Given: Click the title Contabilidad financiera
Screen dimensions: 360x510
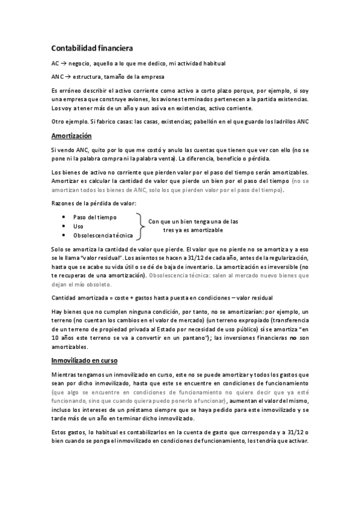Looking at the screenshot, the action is [92, 48].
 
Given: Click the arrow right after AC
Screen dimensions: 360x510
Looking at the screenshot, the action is [64, 63].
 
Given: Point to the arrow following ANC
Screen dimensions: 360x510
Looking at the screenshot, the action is [68, 77].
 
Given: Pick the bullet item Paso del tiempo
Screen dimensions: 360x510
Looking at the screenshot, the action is [95, 217].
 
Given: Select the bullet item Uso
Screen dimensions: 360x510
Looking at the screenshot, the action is [78, 226].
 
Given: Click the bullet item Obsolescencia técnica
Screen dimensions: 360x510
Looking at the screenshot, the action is [103, 235].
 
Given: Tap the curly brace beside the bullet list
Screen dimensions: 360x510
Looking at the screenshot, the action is [141, 226].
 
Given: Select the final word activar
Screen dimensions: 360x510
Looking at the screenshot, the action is [296, 441].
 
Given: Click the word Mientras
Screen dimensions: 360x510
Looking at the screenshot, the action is [66, 375].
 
